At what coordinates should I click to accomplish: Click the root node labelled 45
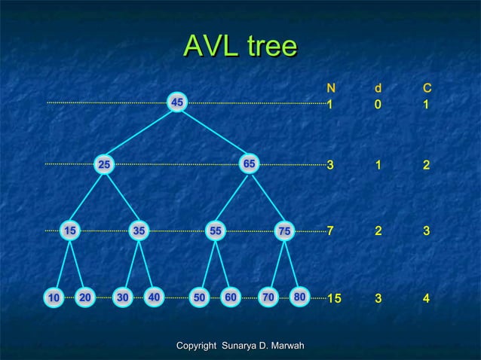(177, 102)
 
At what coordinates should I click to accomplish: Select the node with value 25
(104, 164)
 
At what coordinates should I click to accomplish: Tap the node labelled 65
(250, 163)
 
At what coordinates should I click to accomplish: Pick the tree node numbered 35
(139, 231)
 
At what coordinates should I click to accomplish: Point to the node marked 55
(216, 231)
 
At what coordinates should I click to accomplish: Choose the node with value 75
(284, 231)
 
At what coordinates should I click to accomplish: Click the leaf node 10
(54, 298)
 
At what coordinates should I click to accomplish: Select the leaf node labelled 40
(154, 297)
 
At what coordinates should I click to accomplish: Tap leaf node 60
(231, 297)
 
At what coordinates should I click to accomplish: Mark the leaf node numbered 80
(300, 297)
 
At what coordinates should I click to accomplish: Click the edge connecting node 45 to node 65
(214, 133)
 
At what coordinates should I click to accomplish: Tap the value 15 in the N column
(334, 300)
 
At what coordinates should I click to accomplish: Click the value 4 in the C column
(427, 300)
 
